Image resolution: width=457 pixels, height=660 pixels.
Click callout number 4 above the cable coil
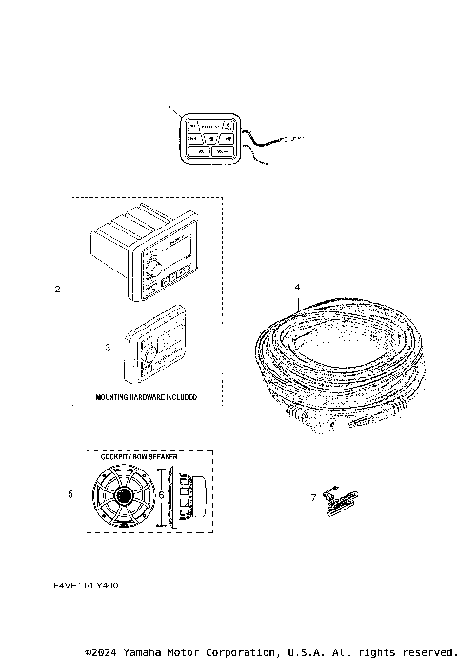click(x=297, y=286)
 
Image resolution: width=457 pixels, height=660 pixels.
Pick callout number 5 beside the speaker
click(x=70, y=495)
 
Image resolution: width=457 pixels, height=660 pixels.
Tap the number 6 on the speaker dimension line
click(x=162, y=495)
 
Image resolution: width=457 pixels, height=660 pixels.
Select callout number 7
click(x=314, y=497)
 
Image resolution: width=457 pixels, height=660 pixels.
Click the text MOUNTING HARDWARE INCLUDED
click(x=146, y=397)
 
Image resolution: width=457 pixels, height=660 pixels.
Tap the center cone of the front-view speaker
click(x=126, y=496)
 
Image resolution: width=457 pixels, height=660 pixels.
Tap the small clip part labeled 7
click(x=336, y=498)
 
